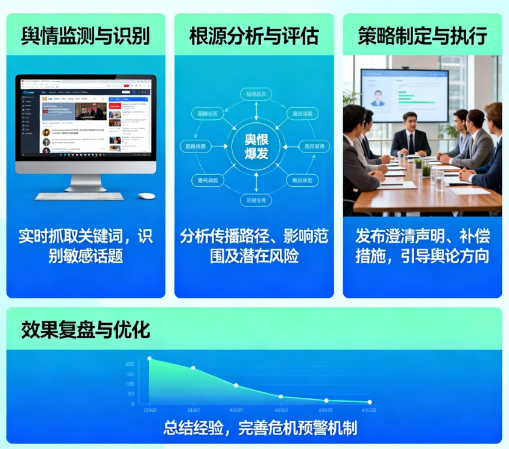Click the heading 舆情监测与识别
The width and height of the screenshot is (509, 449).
coord(85,36)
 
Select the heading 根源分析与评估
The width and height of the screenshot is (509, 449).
coord(254,36)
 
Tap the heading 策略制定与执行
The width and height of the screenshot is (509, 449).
coord(422,36)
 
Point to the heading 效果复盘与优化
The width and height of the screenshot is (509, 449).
coord(86,330)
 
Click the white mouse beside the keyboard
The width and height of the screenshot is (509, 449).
coord(146,195)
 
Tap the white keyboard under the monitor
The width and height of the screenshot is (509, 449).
coord(79,196)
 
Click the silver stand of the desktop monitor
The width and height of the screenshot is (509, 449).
coord(85,181)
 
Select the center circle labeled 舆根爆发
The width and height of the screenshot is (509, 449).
coord(257,146)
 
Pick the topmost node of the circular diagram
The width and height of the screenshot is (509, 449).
coord(257,93)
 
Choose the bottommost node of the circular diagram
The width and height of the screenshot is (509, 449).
coord(257,199)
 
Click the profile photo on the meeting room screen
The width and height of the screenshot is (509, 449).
coord(379,98)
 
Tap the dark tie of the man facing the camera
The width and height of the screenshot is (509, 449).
coord(411,143)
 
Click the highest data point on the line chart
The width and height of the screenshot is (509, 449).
coord(150,359)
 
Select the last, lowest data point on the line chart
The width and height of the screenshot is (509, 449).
coord(370,402)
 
